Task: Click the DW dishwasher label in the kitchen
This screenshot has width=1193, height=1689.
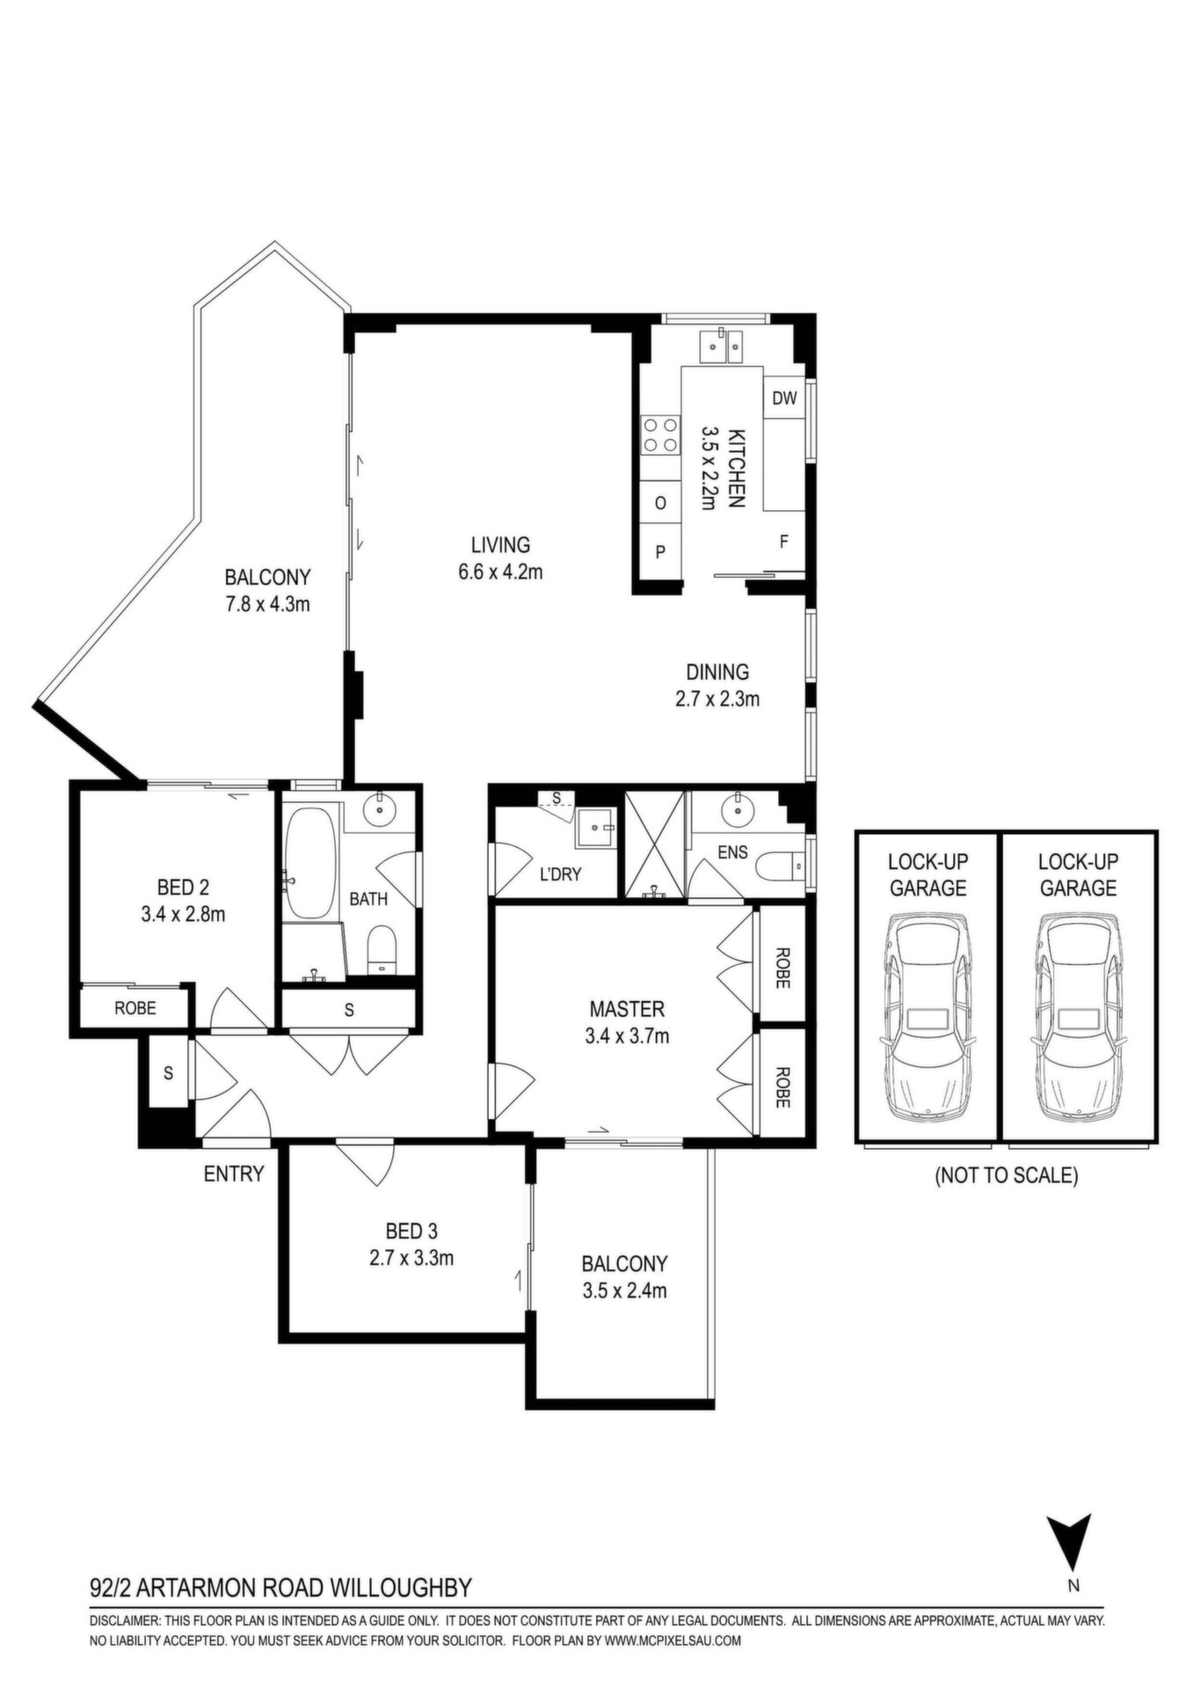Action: [784, 398]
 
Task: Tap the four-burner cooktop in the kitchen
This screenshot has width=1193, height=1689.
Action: [662, 434]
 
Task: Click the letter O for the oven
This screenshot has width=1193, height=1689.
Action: [660, 503]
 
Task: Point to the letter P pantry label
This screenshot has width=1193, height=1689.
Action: [660, 552]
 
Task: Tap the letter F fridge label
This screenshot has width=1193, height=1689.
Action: [783, 542]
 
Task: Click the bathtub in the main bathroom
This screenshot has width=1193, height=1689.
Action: [309, 864]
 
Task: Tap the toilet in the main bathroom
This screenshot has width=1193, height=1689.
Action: [382, 950]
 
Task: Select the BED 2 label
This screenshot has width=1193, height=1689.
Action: [183, 887]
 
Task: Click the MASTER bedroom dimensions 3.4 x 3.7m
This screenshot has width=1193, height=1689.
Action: [627, 1036]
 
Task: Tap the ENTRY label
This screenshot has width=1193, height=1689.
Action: [234, 1174]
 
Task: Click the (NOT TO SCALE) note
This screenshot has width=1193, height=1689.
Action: [1006, 1175]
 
